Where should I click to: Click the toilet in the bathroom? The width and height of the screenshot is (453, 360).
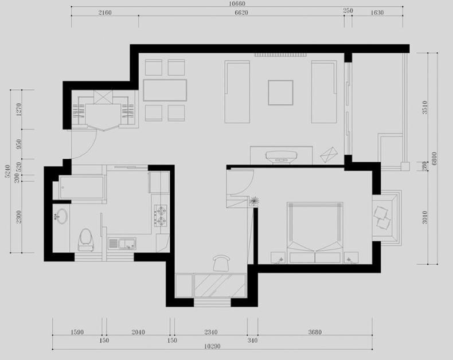pyautogui.click(x=86, y=240)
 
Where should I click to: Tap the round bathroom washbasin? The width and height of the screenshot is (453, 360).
pyautogui.click(x=61, y=216)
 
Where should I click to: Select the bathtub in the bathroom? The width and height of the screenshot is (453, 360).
pyautogui.click(x=82, y=187)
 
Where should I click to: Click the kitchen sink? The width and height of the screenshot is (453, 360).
pyautogui.click(x=122, y=243)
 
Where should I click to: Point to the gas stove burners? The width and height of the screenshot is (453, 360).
pyautogui.click(x=161, y=216)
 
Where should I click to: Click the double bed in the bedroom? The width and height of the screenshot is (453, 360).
pyautogui.click(x=315, y=233)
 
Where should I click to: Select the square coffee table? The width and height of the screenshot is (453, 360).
pyautogui.click(x=280, y=92)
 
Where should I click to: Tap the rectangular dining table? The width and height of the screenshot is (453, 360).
pyautogui.click(x=165, y=90)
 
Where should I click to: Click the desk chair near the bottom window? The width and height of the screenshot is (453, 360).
pyautogui.click(x=221, y=263)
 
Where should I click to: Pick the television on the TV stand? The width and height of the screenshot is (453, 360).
pyautogui.click(x=281, y=156)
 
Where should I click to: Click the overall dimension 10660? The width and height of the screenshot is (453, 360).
pyautogui.click(x=237, y=3)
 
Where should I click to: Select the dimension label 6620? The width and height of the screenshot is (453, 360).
pyautogui.click(x=241, y=13)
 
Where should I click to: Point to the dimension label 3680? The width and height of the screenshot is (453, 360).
pyautogui.click(x=315, y=332)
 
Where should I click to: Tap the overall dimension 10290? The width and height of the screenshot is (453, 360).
pyautogui.click(x=212, y=346)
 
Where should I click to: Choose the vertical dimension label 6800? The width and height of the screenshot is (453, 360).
pyautogui.click(x=434, y=159)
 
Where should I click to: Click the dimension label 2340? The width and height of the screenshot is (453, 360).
pyautogui.click(x=211, y=332)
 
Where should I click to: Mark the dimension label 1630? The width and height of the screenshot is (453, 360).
pyautogui.click(x=377, y=13)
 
